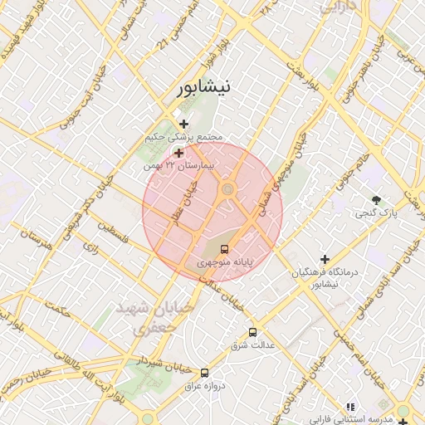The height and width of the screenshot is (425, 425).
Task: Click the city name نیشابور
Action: pyautogui.click(x=203, y=86)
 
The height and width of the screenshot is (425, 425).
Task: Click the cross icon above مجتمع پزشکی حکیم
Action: pyautogui.click(x=183, y=124)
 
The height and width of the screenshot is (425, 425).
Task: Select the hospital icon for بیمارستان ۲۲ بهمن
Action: pyautogui.click(x=178, y=153)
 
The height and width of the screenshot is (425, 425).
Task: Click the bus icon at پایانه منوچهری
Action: pyautogui.click(x=224, y=248)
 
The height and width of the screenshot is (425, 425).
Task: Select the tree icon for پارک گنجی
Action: pyautogui.click(x=377, y=200)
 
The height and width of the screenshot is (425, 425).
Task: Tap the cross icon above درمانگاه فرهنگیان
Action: pyautogui.click(x=325, y=259)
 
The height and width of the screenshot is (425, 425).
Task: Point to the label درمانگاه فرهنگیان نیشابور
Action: pyautogui.click(x=325, y=278)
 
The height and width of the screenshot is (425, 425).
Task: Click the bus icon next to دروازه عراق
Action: pyautogui.click(x=205, y=373)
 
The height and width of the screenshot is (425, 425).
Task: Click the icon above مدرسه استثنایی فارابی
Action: pyautogui.click(x=350, y=407)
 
